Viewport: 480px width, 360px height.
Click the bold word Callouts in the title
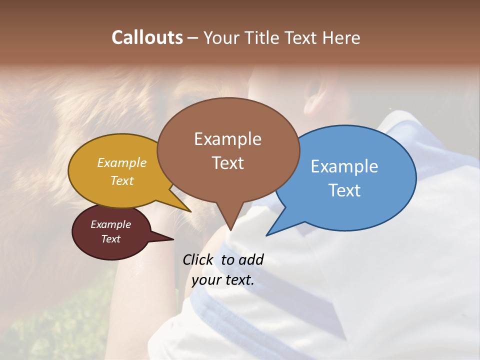[x=147, y=37]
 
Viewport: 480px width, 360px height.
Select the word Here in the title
[x=342, y=37]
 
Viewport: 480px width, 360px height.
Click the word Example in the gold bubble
[x=122, y=163]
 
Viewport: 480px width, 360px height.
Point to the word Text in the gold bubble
[x=122, y=180]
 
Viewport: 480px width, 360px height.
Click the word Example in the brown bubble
[x=227, y=139]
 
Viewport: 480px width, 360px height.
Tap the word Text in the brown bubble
[x=227, y=163]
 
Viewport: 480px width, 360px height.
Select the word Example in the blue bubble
[x=344, y=166]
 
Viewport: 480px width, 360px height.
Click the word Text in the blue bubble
[x=344, y=190]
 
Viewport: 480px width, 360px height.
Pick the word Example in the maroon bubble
[x=110, y=224]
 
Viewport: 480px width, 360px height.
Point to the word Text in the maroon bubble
[x=110, y=239]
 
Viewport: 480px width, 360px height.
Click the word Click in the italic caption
[x=198, y=260]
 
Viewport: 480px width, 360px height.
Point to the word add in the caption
[x=250, y=260]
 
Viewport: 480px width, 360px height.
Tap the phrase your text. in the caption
[x=223, y=280]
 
